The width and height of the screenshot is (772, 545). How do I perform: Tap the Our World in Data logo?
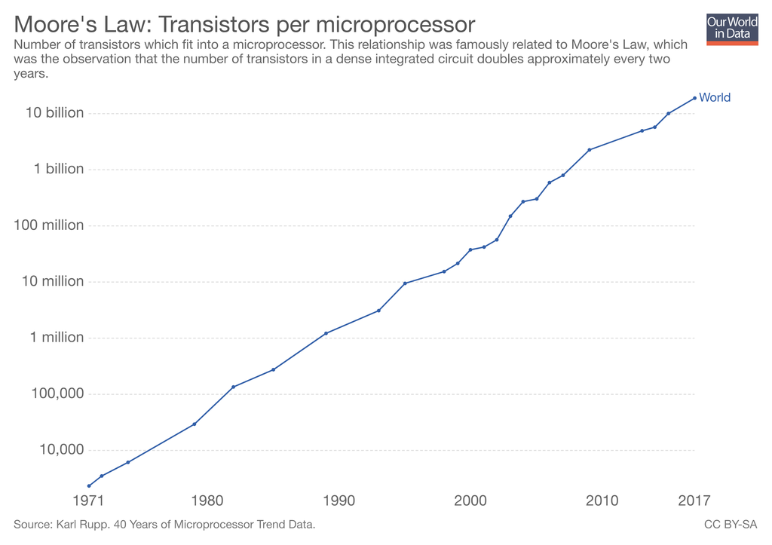[x=731, y=29]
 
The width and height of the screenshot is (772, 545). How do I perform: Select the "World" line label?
[x=715, y=97]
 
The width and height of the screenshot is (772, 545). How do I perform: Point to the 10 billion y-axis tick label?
[x=54, y=113]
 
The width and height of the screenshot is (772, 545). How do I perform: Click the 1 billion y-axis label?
[x=58, y=169]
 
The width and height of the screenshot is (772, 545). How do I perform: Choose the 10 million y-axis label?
[x=53, y=281]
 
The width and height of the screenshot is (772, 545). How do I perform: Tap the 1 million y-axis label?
[x=57, y=338]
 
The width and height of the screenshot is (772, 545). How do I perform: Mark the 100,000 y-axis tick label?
[x=58, y=393]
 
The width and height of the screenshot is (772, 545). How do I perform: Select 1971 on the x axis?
[x=89, y=501]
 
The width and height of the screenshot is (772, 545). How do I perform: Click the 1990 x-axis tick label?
[x=339, y=501]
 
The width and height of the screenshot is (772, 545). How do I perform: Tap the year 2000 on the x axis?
[x=470, y=501]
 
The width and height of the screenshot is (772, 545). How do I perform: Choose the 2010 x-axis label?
[x=602, y=501]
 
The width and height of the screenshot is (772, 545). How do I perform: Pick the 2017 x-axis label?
[x=694, y=501]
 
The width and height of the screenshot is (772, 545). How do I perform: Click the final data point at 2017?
[x=694, y=98]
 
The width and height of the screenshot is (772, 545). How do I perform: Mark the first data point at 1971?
[x=89, y=485]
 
